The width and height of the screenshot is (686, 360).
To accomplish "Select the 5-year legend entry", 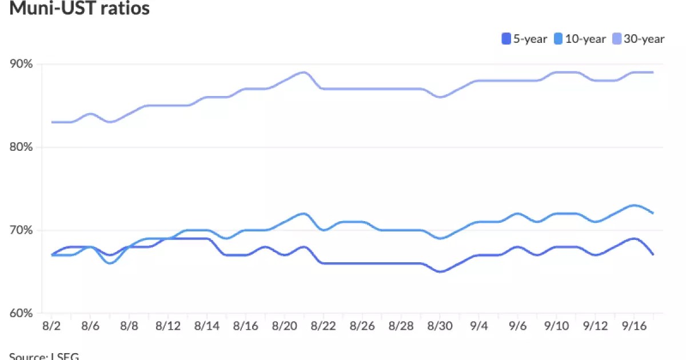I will [524, 39].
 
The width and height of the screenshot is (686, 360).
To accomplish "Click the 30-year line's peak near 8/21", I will [304, 73].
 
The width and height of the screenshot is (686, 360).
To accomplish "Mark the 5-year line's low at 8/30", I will [440, 271].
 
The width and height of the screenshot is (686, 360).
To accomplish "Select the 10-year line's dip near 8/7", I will [110, 263].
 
